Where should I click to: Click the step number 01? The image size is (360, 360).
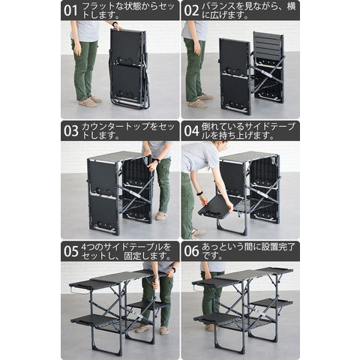(70, 10)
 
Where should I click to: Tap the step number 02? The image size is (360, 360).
(191, 10)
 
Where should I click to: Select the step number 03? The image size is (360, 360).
(70, 131)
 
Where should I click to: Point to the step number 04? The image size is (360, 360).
(191, 131)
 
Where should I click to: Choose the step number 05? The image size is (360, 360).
(70, 251)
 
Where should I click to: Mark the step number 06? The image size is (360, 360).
(191, 251)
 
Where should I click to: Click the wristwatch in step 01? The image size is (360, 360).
(115, 24)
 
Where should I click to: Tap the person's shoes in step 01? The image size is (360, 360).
(90, 101)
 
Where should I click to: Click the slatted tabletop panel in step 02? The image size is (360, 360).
(268, 45)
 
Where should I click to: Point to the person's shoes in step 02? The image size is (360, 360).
(200, 100)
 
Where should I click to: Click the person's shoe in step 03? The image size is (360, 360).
(162, 216)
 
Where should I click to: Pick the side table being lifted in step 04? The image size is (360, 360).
(215, 205)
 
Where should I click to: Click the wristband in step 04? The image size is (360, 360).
(199, 193)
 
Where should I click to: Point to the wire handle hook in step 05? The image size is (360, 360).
(74, 291)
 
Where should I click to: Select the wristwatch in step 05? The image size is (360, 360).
(173, 270)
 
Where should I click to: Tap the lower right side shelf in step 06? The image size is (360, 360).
(271, 303)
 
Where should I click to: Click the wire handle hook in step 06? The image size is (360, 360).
(196, 288)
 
